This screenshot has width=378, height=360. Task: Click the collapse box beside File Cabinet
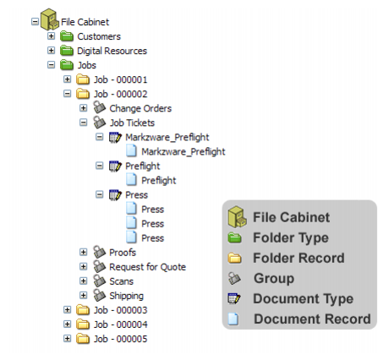[x=35, y=22]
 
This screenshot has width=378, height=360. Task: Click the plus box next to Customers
[x=51, y=36]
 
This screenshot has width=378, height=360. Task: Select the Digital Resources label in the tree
[x=112, y=51]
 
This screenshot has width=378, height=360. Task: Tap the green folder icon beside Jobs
[x=67, y=65]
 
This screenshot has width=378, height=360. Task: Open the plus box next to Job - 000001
[x=67, y=79]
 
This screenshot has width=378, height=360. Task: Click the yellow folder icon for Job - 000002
[x=83, y=94]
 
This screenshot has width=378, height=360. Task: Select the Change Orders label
[x=140, y=108]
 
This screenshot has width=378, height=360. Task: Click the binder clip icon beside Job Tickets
[x=99, y=123]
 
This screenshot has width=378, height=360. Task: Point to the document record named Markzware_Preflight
[x=184, y=152]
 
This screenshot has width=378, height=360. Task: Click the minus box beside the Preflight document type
[x=100, y=166]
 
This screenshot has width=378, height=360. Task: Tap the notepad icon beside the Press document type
[x=115, y=195]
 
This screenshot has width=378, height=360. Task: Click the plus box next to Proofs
[x=83, y=252]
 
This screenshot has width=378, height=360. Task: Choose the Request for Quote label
[x=147, y=267]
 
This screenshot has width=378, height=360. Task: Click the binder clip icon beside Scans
[x=99, y=281]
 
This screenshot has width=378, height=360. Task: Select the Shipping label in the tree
[x=126, y=296]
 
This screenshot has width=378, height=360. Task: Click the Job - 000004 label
[x=120, y=325]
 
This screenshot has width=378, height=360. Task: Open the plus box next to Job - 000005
[x=67, y=339]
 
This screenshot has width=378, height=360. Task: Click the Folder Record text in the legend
[x=299, y=258]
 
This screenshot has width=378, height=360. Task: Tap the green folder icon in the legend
[x=234, y=238]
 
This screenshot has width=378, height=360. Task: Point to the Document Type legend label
[x=303, y=299]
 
